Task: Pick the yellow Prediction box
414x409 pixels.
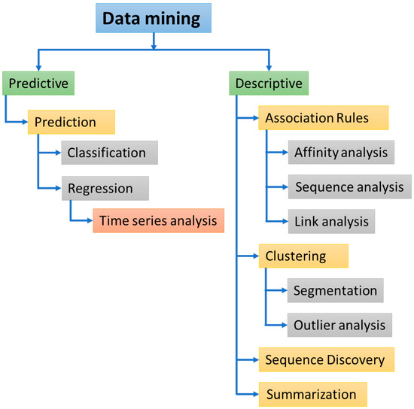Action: (x=72, y=121)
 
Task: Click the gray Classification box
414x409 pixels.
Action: (x=109, y=153)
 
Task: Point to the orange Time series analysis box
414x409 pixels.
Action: (x=158, y=221)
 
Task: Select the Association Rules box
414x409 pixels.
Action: (x=323, y=117)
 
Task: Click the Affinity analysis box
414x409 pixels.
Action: (x=340, y=153)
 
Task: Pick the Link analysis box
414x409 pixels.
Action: (x=331, y=222)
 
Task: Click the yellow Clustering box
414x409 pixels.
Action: (x=303, y=256)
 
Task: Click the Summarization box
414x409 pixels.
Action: (x=312, y=394)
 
